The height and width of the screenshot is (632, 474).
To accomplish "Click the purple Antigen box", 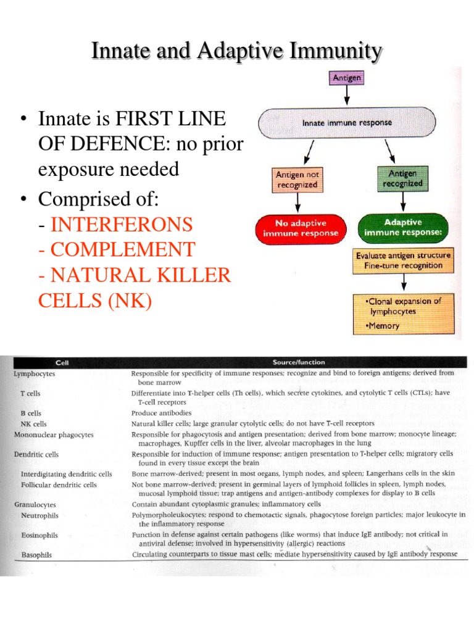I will tap(347, 78).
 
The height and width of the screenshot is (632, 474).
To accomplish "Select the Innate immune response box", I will tap(346, 123).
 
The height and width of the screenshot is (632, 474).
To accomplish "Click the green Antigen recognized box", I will tap(402, 178).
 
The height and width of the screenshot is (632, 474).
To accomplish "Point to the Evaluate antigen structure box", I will tap(403, 260).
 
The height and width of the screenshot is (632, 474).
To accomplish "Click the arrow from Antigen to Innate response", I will tap(347, 95).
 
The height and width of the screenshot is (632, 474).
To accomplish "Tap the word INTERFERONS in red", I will tap(122, 223).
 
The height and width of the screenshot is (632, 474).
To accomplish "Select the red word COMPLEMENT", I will tap(122, 249).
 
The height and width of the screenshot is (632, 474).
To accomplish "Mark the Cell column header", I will tap(62, 362).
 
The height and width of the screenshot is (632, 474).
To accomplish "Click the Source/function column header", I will tap(299, 362).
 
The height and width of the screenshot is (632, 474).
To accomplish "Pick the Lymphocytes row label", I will tap(35, 374).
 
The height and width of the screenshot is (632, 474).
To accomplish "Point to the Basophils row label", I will tap(36, 555).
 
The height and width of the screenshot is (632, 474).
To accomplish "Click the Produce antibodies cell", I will tap(162, 413).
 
